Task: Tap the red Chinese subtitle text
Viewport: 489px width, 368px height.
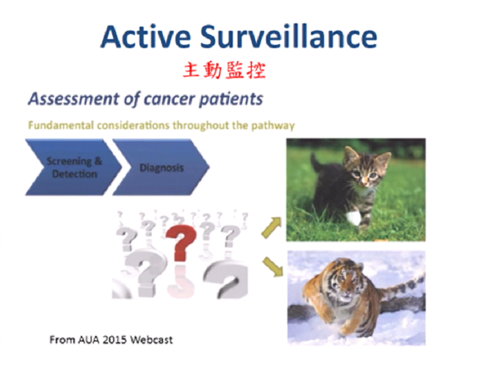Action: click(x=224, y=70)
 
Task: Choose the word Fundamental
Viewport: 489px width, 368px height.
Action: click(x=60, y=125)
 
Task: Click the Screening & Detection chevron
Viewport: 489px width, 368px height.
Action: click(x=74, y=167)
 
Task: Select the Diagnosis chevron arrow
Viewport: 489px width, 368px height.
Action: click(x=161, y=167)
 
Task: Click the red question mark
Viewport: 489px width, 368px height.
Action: click(x=181, y=243)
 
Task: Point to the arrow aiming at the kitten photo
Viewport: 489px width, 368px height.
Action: click(x=271, y=228)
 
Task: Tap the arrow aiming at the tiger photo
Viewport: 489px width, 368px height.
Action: click(x=272, y=267)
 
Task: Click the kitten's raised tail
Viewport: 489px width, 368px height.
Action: click(x=316, y=162)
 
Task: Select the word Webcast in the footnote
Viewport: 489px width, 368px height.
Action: click(x=151, y=340)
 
